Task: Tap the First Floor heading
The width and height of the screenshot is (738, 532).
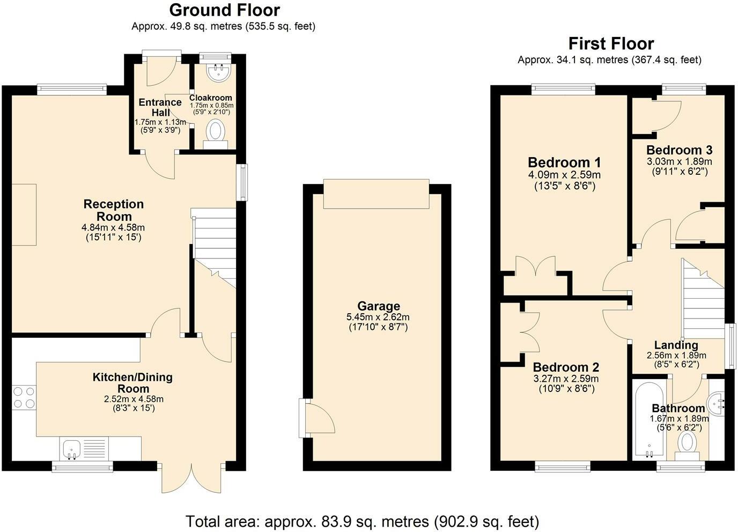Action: point(611,43)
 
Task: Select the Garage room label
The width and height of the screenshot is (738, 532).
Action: point(379,306)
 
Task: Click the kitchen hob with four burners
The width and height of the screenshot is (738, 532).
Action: point(24,397)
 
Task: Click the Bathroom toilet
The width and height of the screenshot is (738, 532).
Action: point(687,446)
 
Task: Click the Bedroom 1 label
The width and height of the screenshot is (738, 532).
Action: point(564,162)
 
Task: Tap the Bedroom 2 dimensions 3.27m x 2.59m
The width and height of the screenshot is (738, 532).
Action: point(566,379)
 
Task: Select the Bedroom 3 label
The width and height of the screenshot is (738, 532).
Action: point(680,150)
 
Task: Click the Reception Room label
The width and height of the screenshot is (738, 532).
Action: point(114,210)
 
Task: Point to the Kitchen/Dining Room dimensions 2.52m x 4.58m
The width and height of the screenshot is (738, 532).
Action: point(134,399)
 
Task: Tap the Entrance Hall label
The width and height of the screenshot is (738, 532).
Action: point(160,107)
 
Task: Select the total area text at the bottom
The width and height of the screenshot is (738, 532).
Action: point(363,521)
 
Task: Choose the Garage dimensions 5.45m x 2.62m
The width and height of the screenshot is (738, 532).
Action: point(378,317)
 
